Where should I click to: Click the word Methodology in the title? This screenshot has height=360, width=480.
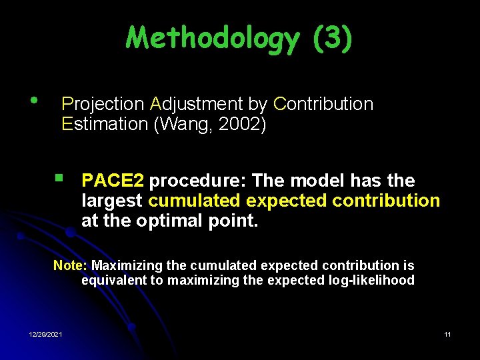pyautogui.click(x=213, y=38)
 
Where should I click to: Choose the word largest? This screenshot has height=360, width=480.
pyautogui.click(x=112, y=201)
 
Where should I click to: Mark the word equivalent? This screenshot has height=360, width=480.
pyautogui.click(x=114, y=281)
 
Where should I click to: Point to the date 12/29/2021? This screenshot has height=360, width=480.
pyautogui.click(x=46, y=334)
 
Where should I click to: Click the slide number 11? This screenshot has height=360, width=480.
pyautogui.click(x=447, y=334)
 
